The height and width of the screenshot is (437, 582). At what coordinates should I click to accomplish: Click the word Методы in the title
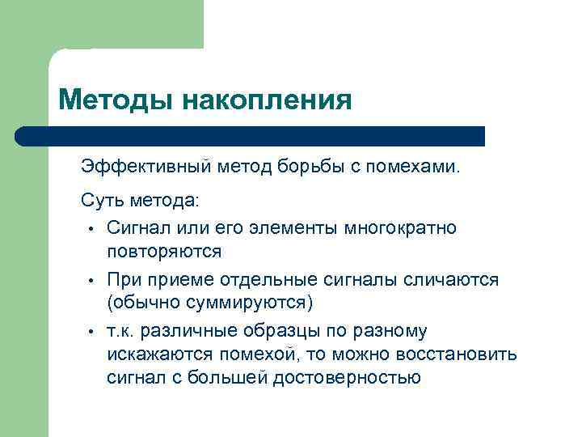(115, 100)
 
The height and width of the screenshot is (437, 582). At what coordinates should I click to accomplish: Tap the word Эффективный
(146, 168)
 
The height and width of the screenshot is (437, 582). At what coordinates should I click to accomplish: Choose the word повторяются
(164, 251)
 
